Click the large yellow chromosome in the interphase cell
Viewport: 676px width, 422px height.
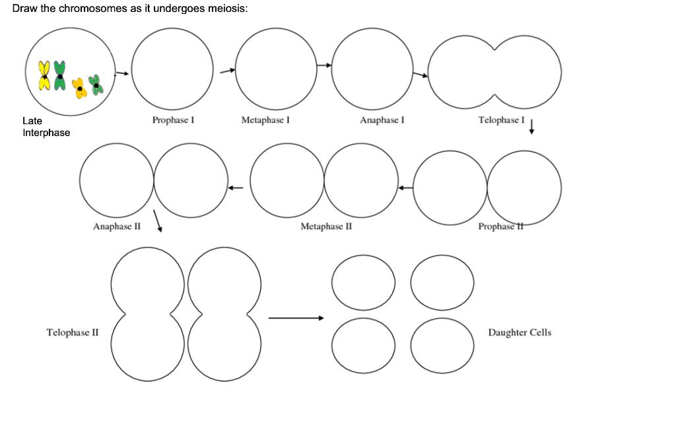(x=44, y=75)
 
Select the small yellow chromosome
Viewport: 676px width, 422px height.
(x=81, y=88)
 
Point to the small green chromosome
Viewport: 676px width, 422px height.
(x=97, y=85)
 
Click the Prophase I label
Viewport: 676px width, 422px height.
(x=172, y=120)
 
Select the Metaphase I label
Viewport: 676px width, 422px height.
(x=265, y=120)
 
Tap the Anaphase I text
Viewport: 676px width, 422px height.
(x=382, y=120)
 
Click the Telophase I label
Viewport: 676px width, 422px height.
(x=501, y=120)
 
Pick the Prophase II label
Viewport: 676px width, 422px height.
(x=500, y=227)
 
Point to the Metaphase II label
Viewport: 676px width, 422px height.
(x=326, y=227)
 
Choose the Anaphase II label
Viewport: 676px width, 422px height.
(x=117, y=227)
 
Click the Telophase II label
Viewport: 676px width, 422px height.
(x=72, y=332)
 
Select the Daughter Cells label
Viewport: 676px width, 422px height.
(x=520, y=332)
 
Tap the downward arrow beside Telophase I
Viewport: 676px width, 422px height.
(x=531, y=127)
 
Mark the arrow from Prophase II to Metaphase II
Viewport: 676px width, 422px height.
(x=405, y=188)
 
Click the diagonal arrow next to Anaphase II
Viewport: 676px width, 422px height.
(x=158, y=221)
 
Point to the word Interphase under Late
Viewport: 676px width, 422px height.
(x=46, y=133)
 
